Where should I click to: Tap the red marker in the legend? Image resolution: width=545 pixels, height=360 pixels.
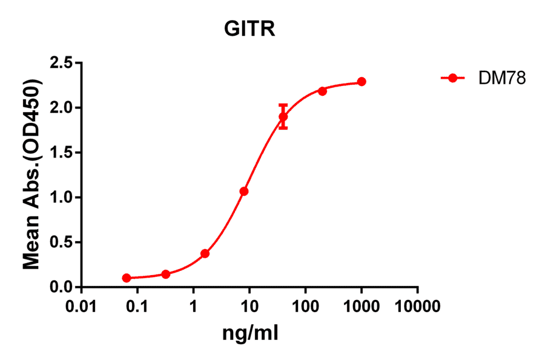click(452, 78)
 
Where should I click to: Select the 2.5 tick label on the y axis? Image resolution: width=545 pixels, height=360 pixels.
click(61, 63)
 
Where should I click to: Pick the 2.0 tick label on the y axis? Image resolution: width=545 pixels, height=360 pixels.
click(61, 108)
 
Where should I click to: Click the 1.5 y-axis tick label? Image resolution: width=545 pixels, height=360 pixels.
click(61, 153)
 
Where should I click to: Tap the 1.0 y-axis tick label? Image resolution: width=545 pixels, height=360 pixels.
click(61, 198)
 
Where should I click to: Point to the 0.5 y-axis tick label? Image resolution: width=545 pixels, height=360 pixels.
click(61, 242)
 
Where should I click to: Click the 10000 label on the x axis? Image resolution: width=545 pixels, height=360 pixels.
click(417, 306)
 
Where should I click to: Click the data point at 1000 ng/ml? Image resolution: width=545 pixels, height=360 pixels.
click(362, 82)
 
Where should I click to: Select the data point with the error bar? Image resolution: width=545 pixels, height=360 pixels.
click(283, 116)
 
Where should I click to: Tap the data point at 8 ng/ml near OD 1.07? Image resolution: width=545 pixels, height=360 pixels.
click(244, 191)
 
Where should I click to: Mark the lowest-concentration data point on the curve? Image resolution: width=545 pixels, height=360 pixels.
click(127, 278)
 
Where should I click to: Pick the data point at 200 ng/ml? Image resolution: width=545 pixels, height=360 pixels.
click(322, 91)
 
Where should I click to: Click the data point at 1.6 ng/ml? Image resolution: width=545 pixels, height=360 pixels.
click(205, 253)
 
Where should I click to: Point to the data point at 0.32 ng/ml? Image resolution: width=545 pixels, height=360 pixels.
click(166, 274)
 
